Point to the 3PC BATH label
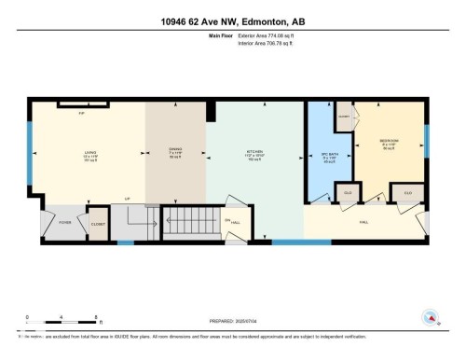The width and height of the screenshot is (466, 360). point(328,156)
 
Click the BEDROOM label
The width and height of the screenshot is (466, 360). point(389,144)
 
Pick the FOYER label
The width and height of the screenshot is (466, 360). point(65,223)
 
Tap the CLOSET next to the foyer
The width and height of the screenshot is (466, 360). point(97,223)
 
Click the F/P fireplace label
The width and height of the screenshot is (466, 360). point(82,114)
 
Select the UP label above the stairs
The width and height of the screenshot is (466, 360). point(127,199)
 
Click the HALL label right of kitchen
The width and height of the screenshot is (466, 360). point(363,221)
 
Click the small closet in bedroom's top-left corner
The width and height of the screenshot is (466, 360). point(344,116)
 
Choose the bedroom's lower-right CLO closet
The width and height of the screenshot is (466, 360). point(406,193)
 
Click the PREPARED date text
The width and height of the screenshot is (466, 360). point(233,318)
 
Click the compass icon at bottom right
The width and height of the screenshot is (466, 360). point(431,316)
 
